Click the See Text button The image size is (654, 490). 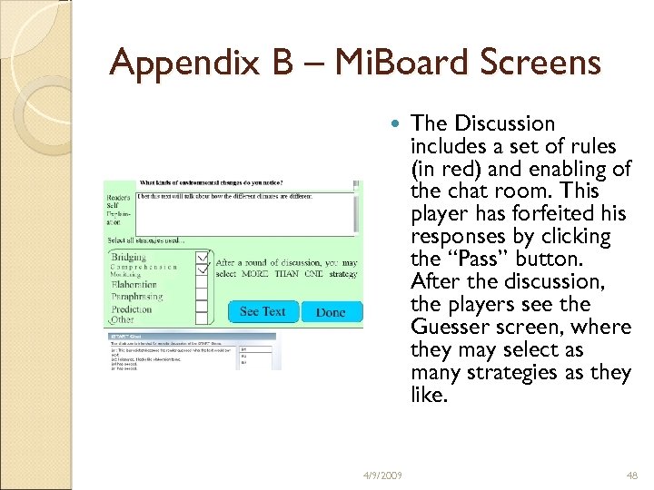coord(263,311)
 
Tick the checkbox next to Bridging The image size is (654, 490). coord(203,257)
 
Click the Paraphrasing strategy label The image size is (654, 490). coord(137,296)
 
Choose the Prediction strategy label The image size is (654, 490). coord(132,309)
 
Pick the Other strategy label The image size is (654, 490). coord(123,319)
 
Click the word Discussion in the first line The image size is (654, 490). coord(504,123)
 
